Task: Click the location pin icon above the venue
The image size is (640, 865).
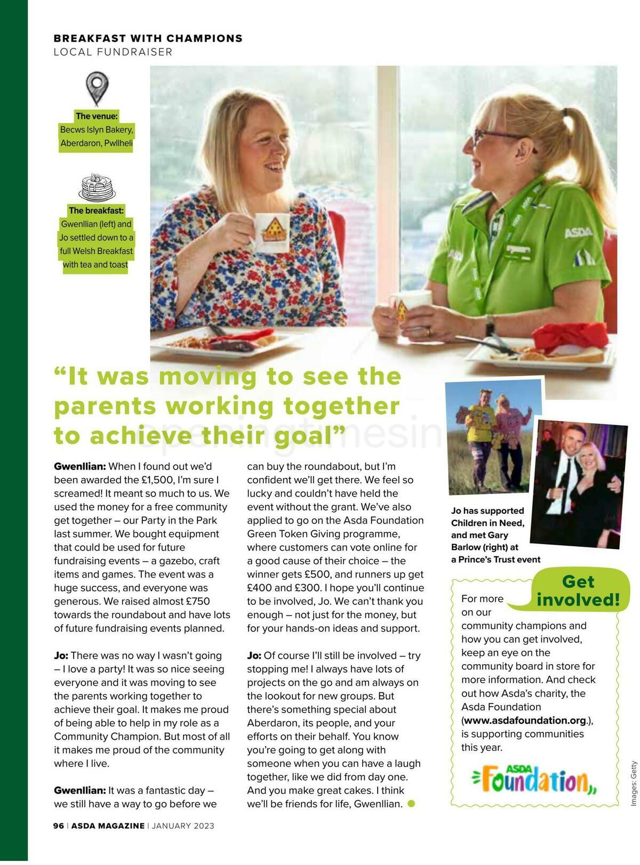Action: click(x=97, y=88)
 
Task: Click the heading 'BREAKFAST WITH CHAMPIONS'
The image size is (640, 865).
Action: click(x=148, y=38)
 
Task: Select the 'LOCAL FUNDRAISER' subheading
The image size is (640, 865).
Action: click(x=113, y=52)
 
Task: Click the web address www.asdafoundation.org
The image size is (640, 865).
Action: click(x=525, y=721)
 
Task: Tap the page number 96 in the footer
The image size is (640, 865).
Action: click(x=59, y=826)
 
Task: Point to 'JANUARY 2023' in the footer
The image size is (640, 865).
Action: click(x=183, y=826)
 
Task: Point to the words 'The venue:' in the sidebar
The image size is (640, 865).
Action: click(x=97, y=116)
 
